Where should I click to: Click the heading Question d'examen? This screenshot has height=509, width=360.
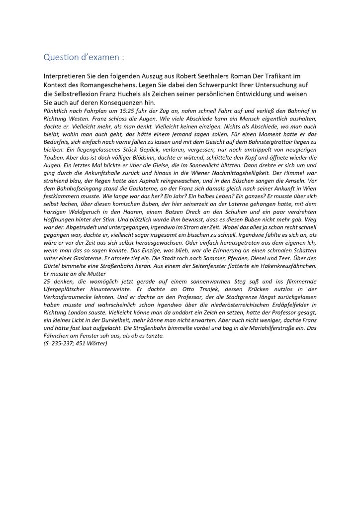click(x=84, y=57)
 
